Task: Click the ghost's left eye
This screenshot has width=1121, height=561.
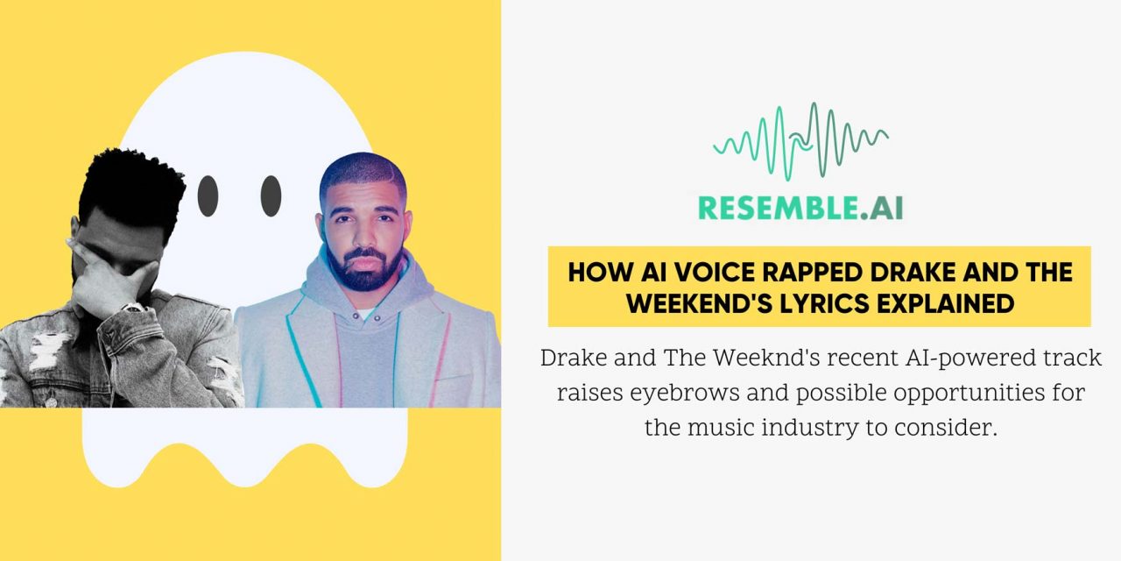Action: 208,195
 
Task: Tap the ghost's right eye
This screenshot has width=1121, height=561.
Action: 271,195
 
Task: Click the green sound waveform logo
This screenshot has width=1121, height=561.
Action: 800,141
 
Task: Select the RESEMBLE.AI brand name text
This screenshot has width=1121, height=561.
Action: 800,208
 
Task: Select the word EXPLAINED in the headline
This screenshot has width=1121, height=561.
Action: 947,303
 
